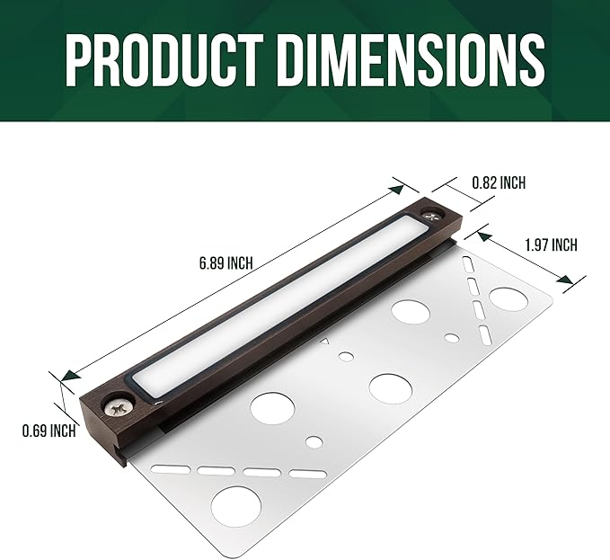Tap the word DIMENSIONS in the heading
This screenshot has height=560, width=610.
[x=411, y=60]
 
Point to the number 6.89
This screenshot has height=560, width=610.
[x=212, y=263]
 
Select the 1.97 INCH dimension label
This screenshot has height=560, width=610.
[x=551, y=245]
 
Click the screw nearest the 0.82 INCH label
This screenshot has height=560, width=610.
[x=433, y=215]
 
